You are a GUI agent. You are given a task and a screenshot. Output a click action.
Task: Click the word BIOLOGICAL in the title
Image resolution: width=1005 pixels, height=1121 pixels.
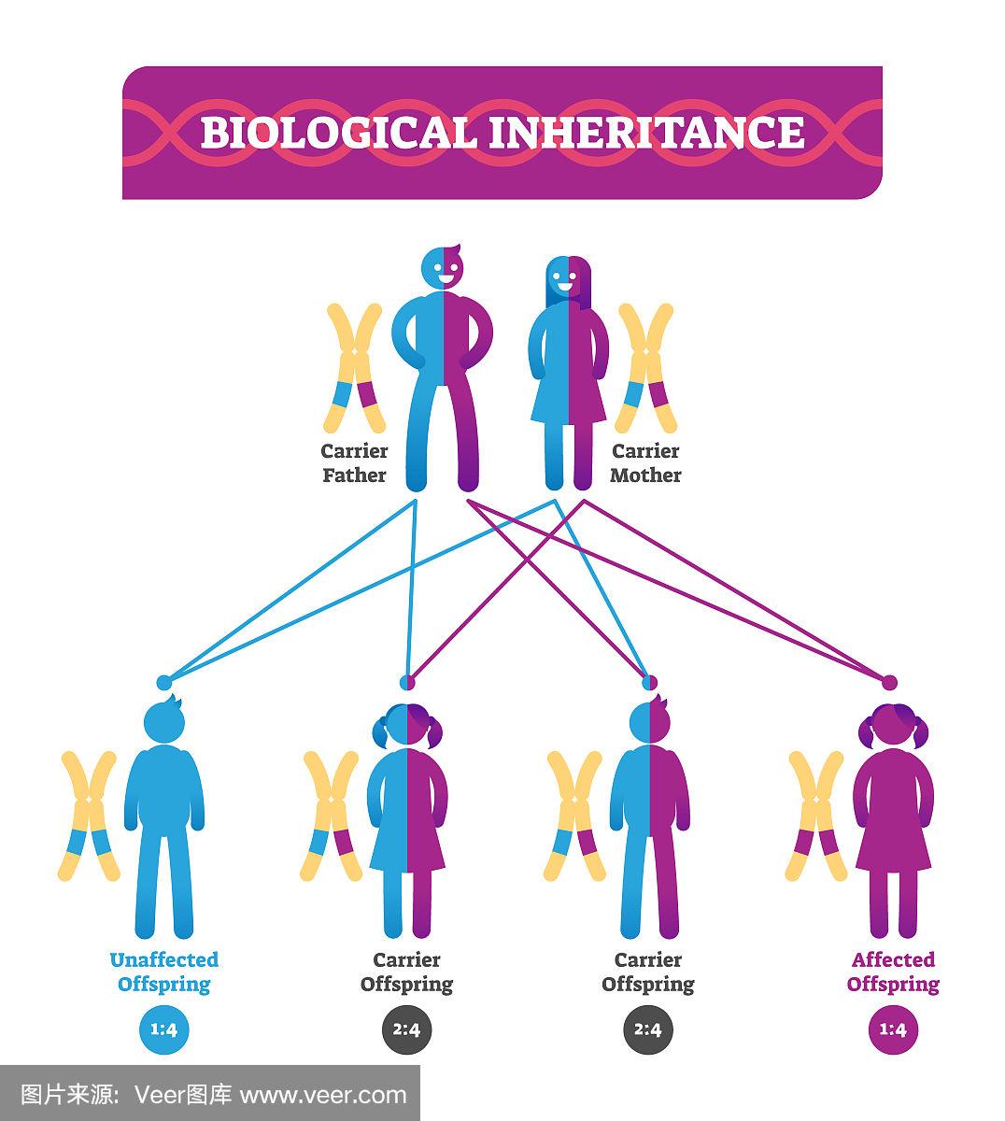[337, 133]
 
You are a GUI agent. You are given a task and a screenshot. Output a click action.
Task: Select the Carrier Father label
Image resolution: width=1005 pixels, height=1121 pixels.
[354, 463]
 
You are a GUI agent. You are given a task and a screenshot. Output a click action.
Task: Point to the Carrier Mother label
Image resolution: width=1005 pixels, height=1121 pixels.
[645, 463]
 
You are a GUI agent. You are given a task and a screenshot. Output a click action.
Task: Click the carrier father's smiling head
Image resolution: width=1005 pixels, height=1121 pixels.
[442, 267]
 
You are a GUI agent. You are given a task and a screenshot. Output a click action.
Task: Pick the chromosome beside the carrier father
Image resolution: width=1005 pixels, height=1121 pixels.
[354, 367]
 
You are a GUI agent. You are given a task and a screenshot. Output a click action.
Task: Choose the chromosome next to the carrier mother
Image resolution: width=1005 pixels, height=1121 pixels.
[645, 367]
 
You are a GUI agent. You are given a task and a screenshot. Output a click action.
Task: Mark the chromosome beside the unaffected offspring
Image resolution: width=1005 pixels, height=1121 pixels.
[89, 816]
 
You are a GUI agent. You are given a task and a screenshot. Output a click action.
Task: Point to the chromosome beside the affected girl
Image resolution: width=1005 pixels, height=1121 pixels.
[815, 816]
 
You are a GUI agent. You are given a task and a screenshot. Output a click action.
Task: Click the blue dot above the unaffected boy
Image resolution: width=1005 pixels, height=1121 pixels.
[163, 683]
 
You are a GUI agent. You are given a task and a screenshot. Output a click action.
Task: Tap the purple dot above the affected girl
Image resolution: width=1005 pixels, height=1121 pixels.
[889, 683]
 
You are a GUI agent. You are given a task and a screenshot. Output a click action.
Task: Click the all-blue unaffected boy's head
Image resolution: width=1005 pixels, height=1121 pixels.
[164, 719]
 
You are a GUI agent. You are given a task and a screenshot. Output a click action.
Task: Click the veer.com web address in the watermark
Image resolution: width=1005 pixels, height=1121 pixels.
[324, 1095]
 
